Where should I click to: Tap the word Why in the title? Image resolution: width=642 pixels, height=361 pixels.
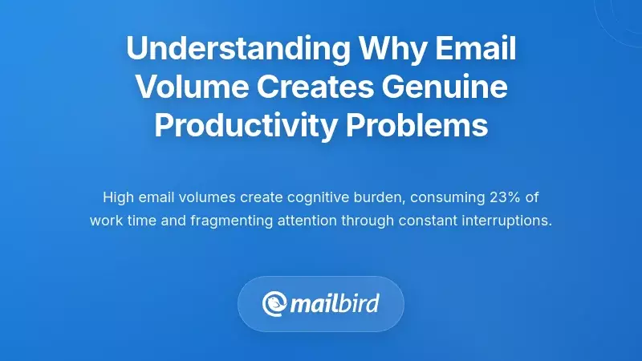tap(384, 49)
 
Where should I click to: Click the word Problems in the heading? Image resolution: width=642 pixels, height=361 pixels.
tap(425, 126)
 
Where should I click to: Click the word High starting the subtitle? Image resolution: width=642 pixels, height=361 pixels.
tap(118, 197)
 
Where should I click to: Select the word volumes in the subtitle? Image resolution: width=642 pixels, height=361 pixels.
tap(208, 197)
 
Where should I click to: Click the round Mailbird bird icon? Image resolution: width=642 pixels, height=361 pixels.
tap(275, 304)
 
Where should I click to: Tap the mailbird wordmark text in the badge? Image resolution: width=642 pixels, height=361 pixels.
tap(335, 304)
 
